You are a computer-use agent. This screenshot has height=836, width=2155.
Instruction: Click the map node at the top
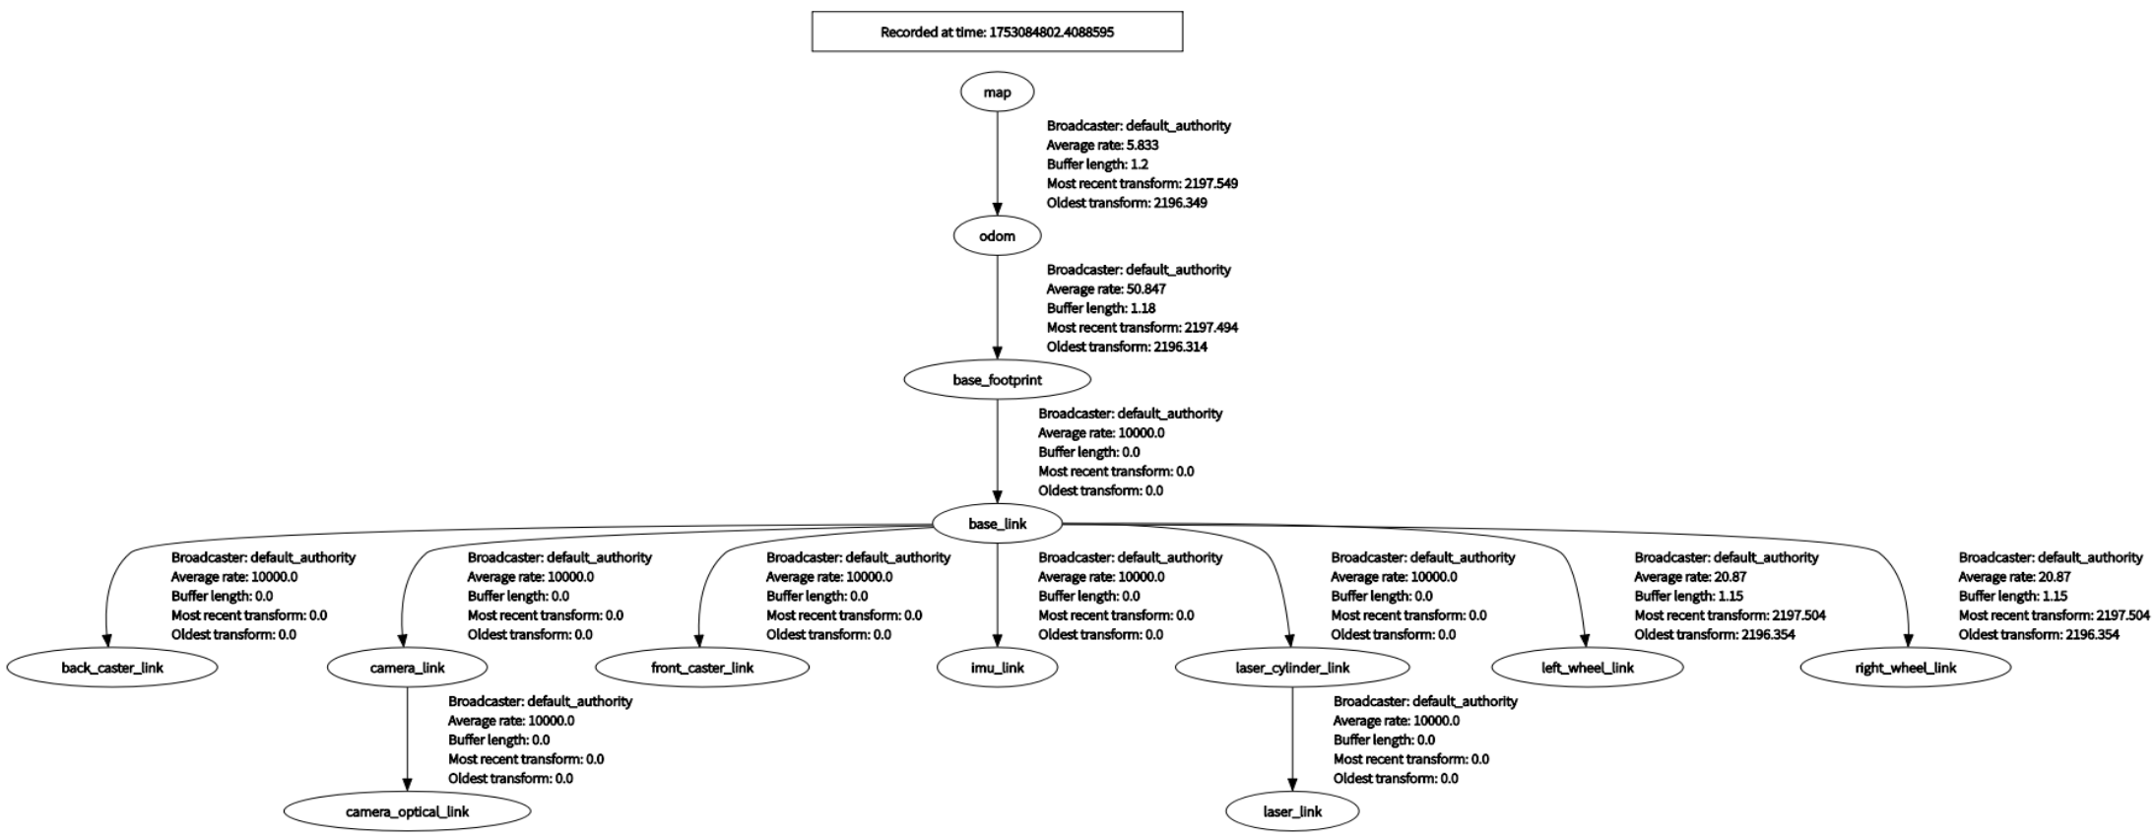pos(997,92)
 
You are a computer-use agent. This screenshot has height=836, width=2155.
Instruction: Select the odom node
pos(997,235)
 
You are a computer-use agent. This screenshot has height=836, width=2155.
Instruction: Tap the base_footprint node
pos(997,379)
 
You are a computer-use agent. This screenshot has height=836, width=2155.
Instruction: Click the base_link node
pos(997,523)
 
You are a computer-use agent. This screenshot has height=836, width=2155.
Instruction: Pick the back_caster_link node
pos(112,668)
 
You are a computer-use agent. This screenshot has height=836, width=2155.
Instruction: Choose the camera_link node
pos(407,668)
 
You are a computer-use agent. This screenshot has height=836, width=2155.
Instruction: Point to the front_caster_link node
pos(702,668)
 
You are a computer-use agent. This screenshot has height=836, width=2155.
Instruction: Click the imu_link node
pos(997,668)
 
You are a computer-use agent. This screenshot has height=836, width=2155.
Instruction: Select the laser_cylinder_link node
pos(1292,668)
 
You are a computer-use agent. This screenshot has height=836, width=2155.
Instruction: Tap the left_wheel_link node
pos(1588,668)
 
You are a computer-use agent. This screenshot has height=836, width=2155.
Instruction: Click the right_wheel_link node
pos(1905,668)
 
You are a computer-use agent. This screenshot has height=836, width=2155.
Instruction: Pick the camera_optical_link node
pos(407,811)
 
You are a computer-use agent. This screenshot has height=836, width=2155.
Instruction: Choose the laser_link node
pos(1292,811)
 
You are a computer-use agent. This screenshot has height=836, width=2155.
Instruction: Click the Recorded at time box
pos(997,32)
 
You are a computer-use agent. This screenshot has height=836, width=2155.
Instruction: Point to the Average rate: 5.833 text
pos(1102,145)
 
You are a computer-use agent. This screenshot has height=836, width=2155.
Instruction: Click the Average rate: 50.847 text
pos(1106,289)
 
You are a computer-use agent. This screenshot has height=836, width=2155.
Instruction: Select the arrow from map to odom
pos(997,163)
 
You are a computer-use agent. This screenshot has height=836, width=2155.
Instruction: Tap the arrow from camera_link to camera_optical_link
pos(407,739)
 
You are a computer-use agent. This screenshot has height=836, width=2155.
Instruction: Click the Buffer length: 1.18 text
pos(1100,308)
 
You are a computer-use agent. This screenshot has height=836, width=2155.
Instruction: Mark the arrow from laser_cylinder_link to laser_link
pos(1292,739)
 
